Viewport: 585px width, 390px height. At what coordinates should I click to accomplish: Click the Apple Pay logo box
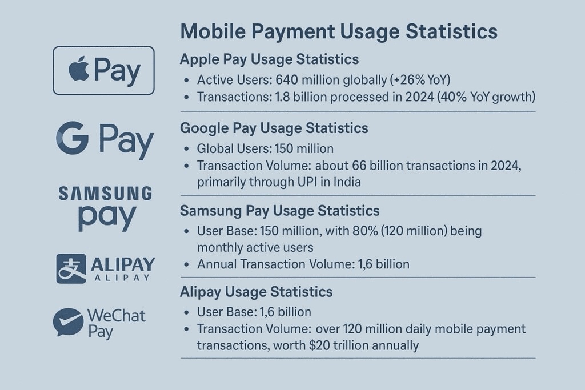pos(103,70)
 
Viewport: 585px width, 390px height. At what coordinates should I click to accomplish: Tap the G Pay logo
pos(105,140)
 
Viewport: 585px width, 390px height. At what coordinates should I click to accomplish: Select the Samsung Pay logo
pos(106,208)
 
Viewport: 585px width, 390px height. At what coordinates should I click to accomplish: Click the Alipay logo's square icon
pos(71,268)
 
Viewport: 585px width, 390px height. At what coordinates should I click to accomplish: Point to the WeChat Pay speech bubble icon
pos(67,322)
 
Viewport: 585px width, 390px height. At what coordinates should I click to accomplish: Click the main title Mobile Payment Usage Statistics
pos(339,31)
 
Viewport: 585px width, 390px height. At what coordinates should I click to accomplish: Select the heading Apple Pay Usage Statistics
pos(269,59)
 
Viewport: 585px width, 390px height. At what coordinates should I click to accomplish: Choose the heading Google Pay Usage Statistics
pos(274,128)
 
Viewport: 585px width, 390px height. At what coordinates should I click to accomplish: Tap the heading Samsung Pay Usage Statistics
pos(279,211)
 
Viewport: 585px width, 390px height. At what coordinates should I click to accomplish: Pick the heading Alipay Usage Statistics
pos(256,292)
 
